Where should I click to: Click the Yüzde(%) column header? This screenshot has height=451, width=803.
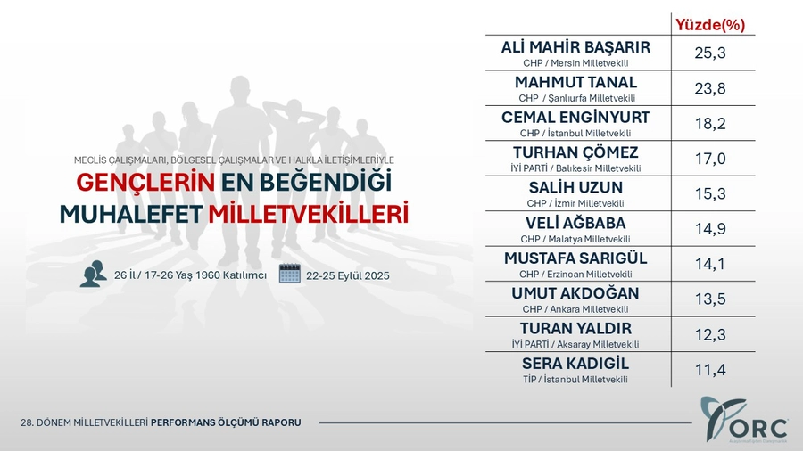[710, 25]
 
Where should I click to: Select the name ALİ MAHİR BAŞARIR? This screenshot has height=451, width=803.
[575, 47]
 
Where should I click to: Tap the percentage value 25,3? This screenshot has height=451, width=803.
[710, 53]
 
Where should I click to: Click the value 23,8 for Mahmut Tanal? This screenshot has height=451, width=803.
[710, 88]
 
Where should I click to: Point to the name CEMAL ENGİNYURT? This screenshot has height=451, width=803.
[575, 117]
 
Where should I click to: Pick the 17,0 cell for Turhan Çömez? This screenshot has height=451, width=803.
[710, 159]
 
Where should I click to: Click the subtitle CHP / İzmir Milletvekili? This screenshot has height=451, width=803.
[575, 203]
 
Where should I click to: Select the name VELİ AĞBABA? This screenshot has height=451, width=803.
[575, 223]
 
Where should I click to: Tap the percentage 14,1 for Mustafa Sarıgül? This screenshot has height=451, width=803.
[710, 264]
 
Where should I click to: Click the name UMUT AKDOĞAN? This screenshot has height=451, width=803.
[575, 293]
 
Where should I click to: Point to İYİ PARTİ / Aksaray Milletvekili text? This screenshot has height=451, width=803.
[575, 344]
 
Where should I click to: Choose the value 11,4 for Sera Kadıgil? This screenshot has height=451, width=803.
[710, 369]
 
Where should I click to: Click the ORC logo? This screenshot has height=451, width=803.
[743, 419]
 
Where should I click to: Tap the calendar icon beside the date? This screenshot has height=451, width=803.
[290, 274]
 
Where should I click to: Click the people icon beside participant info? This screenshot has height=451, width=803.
[93, 274]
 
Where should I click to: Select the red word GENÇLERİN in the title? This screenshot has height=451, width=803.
[145, 183]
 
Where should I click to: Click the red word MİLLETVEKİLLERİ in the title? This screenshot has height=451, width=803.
[309, 215]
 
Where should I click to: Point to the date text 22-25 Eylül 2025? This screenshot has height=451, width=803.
[348, 275]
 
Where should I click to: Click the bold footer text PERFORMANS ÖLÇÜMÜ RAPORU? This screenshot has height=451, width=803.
[226, 422]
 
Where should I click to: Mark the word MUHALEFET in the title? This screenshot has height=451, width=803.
[130, 215]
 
